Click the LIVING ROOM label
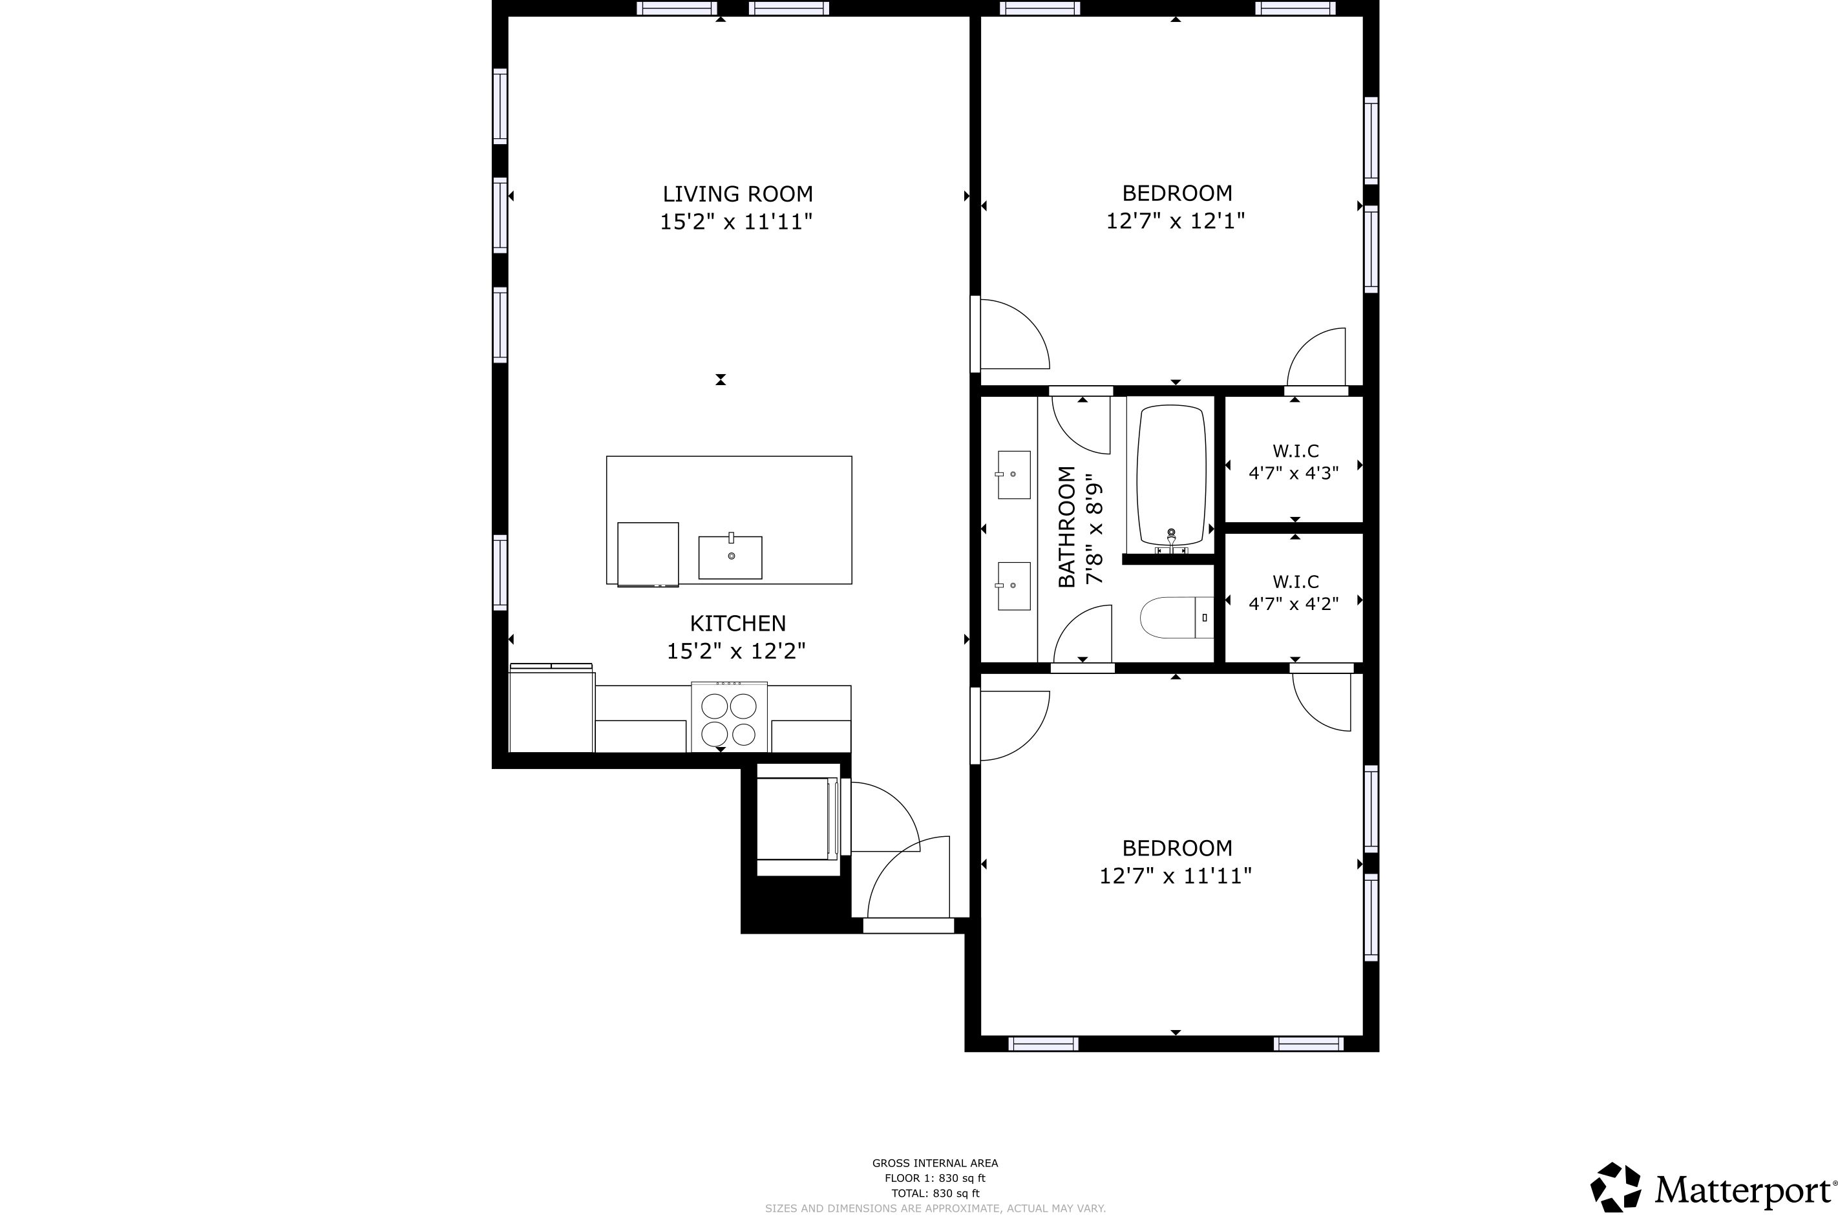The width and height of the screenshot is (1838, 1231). point(737,194)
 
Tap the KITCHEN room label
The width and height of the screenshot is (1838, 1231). point(737,624)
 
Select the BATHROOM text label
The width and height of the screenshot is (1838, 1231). point(1066,527)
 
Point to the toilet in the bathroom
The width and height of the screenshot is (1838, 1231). point(1176,617)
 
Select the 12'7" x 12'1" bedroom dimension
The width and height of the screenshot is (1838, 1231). point(1176,222)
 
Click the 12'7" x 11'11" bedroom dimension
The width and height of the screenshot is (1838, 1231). point(1176,876)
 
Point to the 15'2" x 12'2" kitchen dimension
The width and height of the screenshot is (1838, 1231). point(737,651)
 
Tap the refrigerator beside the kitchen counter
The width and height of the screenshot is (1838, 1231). point(551,708)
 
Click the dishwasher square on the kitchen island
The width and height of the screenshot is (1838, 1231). point(648,554)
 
